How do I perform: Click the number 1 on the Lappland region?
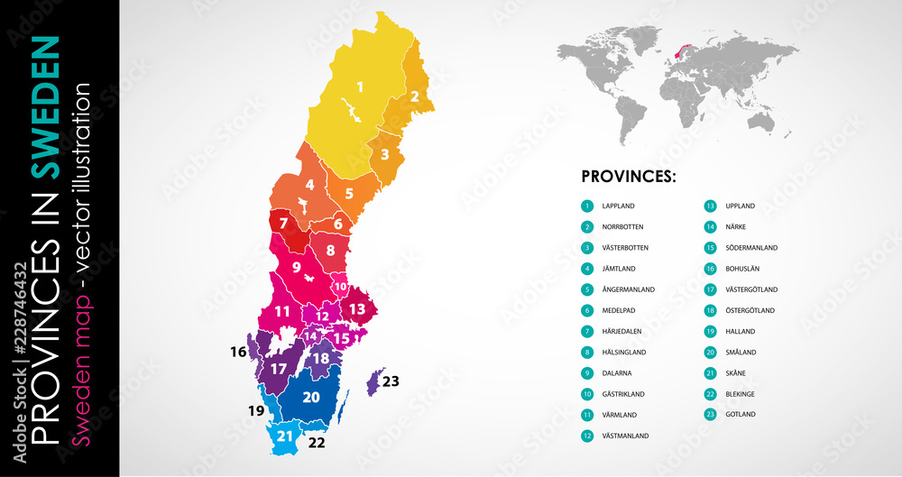[x=360, y=87]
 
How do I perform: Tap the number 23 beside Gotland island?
[x=391, y=381]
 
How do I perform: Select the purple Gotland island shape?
[x=373, y=381]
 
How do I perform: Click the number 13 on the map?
[x=357, y=309]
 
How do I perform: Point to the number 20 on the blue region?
[x=311, y=397]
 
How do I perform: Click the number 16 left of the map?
[x=238, y=352]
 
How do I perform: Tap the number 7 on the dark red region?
[x=283, y=223]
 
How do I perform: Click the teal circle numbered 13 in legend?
[x=711, y=206]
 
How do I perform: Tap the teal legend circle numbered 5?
[x=587, y=289]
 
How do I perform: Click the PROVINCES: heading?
[x=629, y=176]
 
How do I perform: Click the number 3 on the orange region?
[x=384, y=154]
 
